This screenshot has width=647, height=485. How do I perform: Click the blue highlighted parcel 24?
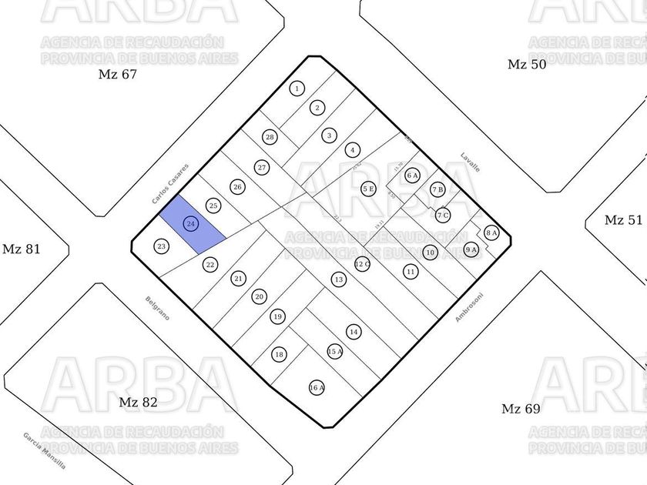tap(191, 224)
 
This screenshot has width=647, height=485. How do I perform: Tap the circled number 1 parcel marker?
tap(297, 89)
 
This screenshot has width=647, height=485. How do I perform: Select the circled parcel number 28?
tap(270, 137)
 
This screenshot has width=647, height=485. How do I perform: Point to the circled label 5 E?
tap(368, 188)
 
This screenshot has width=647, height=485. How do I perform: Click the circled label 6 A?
tap(412, 175)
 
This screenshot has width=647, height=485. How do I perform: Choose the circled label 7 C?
tap(443, 215)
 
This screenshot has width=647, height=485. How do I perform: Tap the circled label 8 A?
tap(491, 232)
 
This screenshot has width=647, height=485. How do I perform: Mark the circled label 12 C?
tap(363, 264)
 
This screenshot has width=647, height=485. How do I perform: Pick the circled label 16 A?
tap(317, 387)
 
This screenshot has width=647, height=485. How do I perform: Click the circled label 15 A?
tap(335, 351)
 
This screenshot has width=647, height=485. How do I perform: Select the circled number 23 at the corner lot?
tap(161, 246)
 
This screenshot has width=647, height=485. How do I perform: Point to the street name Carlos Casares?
tap(170, 184)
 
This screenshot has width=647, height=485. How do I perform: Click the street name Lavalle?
tap(470, 161)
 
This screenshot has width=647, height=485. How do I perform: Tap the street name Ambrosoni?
tap(468, 307)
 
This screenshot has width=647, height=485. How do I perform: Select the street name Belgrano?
tap(157, 307)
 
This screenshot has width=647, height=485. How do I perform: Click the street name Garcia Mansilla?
tap(44, 451)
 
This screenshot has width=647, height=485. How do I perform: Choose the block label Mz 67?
tap(117, 75)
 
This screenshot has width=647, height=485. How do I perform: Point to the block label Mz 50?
tap(527, 64)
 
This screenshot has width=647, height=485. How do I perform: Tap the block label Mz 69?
tap(521, 409)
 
